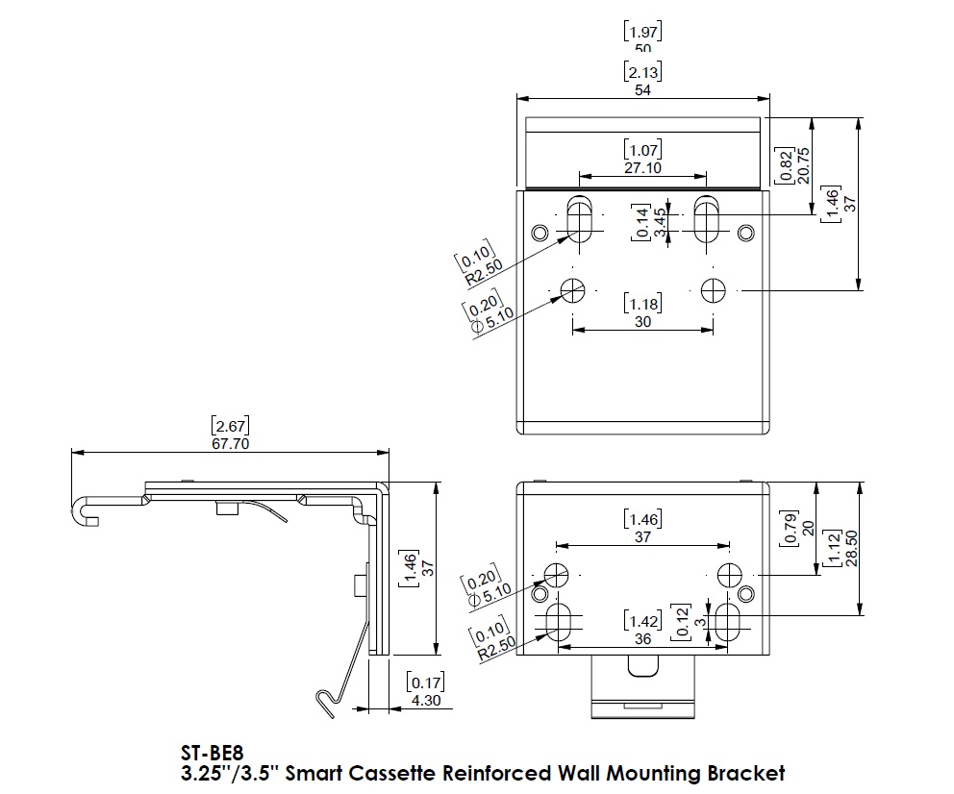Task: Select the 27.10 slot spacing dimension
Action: [642, 167]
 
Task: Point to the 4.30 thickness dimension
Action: [424, 701]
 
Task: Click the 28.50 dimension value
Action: [851, 548]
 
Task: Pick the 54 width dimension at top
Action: [643, 89]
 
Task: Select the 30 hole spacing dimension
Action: [643, 322]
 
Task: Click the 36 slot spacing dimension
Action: [643, 638]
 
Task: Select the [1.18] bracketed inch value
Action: [643, 305]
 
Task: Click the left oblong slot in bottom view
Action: [559, 621]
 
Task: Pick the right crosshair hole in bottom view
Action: [728, 574]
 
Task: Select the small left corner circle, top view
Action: [540, 232]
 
